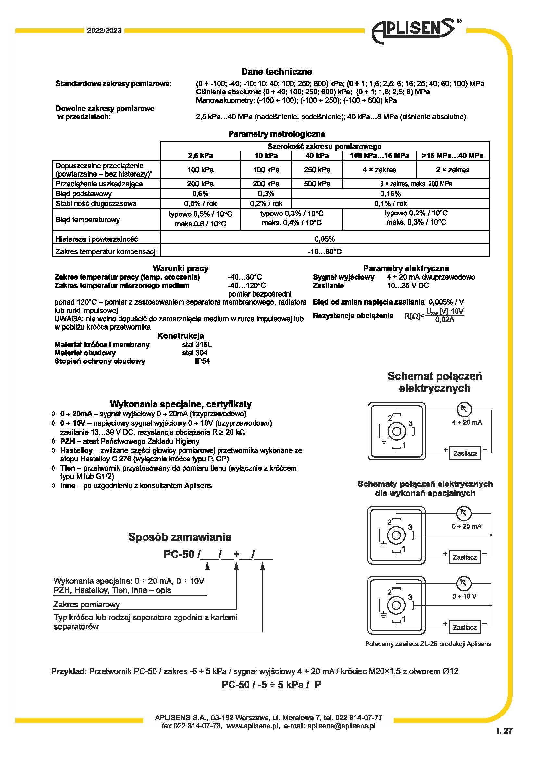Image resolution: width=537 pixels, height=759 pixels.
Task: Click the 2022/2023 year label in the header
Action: point(104,31)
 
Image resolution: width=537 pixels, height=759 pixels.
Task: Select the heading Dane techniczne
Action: point(276,72)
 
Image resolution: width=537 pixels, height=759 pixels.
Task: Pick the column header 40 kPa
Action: point(317,156)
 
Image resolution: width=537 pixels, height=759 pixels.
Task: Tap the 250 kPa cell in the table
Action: point(317,170)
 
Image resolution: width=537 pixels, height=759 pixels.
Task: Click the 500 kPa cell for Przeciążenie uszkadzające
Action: point(317,184)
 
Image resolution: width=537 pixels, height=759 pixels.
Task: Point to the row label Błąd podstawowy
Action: point(84,194)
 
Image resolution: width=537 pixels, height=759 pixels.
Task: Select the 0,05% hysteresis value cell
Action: point(324,239)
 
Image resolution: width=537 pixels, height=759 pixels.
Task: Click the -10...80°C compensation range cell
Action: point(324,251)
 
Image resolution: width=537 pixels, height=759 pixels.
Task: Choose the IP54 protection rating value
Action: point(202,361)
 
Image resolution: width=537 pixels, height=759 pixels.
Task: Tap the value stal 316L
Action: point(197,345)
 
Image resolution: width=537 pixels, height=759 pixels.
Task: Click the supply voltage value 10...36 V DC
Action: point(408,286)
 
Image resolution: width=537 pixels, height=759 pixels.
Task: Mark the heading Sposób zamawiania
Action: point(180,537)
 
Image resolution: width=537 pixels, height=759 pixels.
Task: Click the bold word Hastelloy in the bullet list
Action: point(76,451)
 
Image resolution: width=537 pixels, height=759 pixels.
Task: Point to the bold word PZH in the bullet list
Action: point(67,441)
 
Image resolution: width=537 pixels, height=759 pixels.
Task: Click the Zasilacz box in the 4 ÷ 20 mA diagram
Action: point(465,453)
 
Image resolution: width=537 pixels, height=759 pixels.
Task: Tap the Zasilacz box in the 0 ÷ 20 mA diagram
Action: point(465,557)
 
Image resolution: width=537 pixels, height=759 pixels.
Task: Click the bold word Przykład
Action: point(69,671)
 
